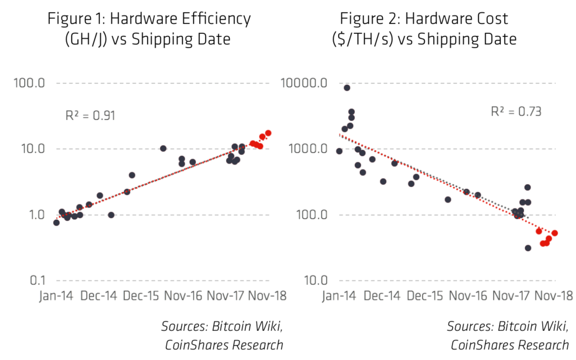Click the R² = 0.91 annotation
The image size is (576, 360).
pos(90,116)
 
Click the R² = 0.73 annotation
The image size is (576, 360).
pos(516,111)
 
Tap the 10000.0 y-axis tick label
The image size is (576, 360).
pos(303,84)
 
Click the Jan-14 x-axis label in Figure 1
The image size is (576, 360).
pos(56,296)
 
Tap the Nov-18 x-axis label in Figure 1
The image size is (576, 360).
pos(267,296)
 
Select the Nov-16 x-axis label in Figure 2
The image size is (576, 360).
pos(467,296)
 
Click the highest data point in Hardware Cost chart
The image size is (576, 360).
pos(346,88)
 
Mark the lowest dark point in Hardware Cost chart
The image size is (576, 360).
pos(528,248)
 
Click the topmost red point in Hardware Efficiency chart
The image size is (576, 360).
pos(268,133)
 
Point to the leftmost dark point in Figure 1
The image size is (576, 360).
pos(56,222)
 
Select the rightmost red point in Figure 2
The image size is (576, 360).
pos(555,233)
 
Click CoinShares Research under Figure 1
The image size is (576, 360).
pos(224,345)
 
